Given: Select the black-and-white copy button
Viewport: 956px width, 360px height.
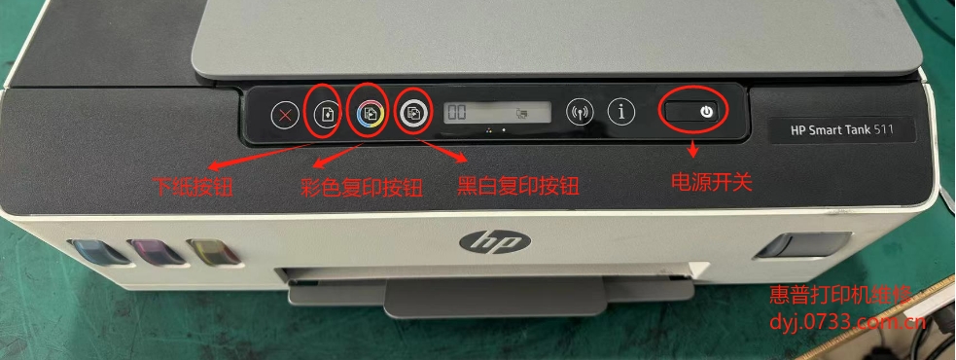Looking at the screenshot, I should pyautogui.click(x=414, y=114).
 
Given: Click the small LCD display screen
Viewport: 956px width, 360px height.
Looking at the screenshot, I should pyautogui.click(x=497, y=113).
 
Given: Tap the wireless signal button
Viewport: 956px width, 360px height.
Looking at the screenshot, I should pyautogui.click(x=580, y=112).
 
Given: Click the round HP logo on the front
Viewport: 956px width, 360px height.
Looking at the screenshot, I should pyautogui.click(x=478, y=239).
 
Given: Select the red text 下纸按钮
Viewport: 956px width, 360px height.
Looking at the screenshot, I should pyautogui.click(x=195, y=184).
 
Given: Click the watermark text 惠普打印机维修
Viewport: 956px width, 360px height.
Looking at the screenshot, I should pyautogui.click(x=841, y=295).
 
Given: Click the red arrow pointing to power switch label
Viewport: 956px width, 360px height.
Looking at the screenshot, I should pyautogui.click(x=692, y=149).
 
